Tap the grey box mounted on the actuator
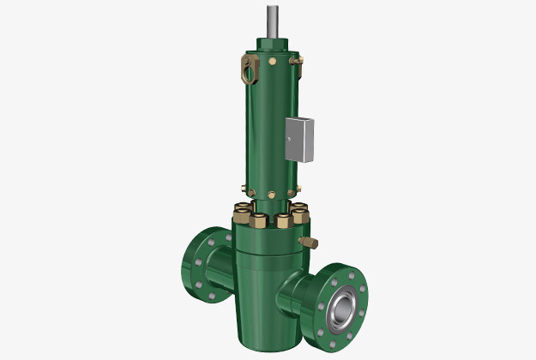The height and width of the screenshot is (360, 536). pos(298,139)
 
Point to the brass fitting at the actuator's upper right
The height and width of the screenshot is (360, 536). pos(296,61)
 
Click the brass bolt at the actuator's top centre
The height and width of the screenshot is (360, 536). pos(272,62)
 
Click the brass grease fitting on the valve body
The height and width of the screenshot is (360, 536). pos(305,243)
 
